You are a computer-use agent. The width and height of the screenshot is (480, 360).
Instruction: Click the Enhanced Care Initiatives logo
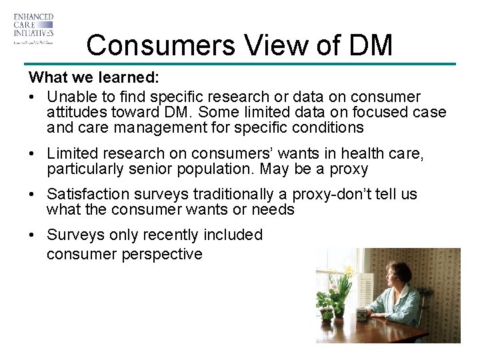coord(33,28)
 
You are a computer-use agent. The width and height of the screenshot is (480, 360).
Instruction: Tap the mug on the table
coord(361,314)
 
